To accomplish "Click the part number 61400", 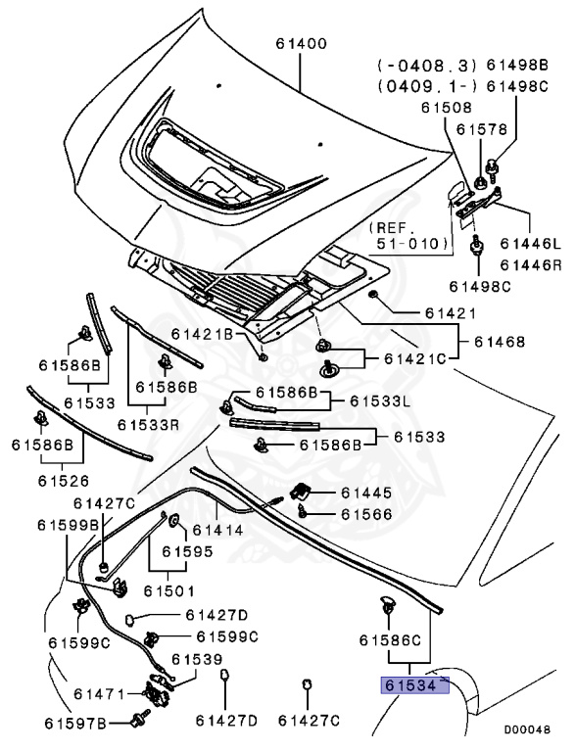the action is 301,44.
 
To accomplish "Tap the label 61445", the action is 366,493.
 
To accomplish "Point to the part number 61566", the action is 366,514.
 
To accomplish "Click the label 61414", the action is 217,530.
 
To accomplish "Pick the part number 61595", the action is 187,551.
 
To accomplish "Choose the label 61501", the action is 169,590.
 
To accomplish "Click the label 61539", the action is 197,659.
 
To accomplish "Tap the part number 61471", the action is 99,694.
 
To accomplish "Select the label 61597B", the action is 75,723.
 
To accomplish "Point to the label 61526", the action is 64,481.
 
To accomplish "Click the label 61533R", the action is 148,424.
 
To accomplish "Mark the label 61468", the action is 500,342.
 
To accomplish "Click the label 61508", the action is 447,107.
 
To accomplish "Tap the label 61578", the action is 481,129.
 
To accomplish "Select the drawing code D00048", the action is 527,729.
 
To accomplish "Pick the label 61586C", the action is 390,639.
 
